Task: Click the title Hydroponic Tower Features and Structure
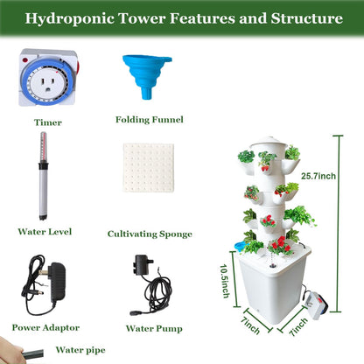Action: coord(181,17)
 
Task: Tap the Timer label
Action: coord(48,123)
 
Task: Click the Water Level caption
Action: coord(43,232)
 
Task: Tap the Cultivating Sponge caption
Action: coord(150,234)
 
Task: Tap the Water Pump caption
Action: coord(154,329)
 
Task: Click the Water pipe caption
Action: coord(80,350)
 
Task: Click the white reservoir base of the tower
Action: coord(266,289)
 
